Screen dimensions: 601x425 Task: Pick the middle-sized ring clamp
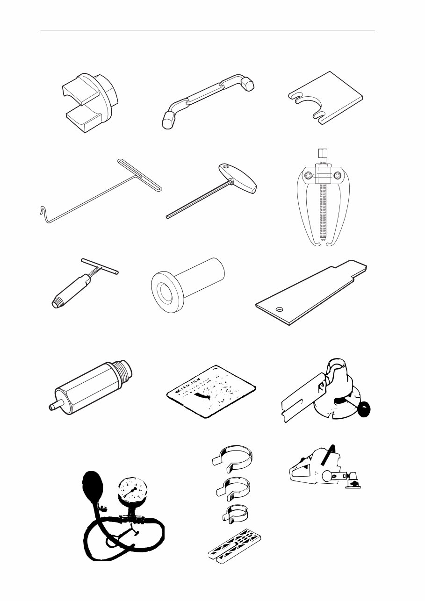point(234,487)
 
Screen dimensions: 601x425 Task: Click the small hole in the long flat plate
point(280,309)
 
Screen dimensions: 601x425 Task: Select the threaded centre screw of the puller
point(320,206)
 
